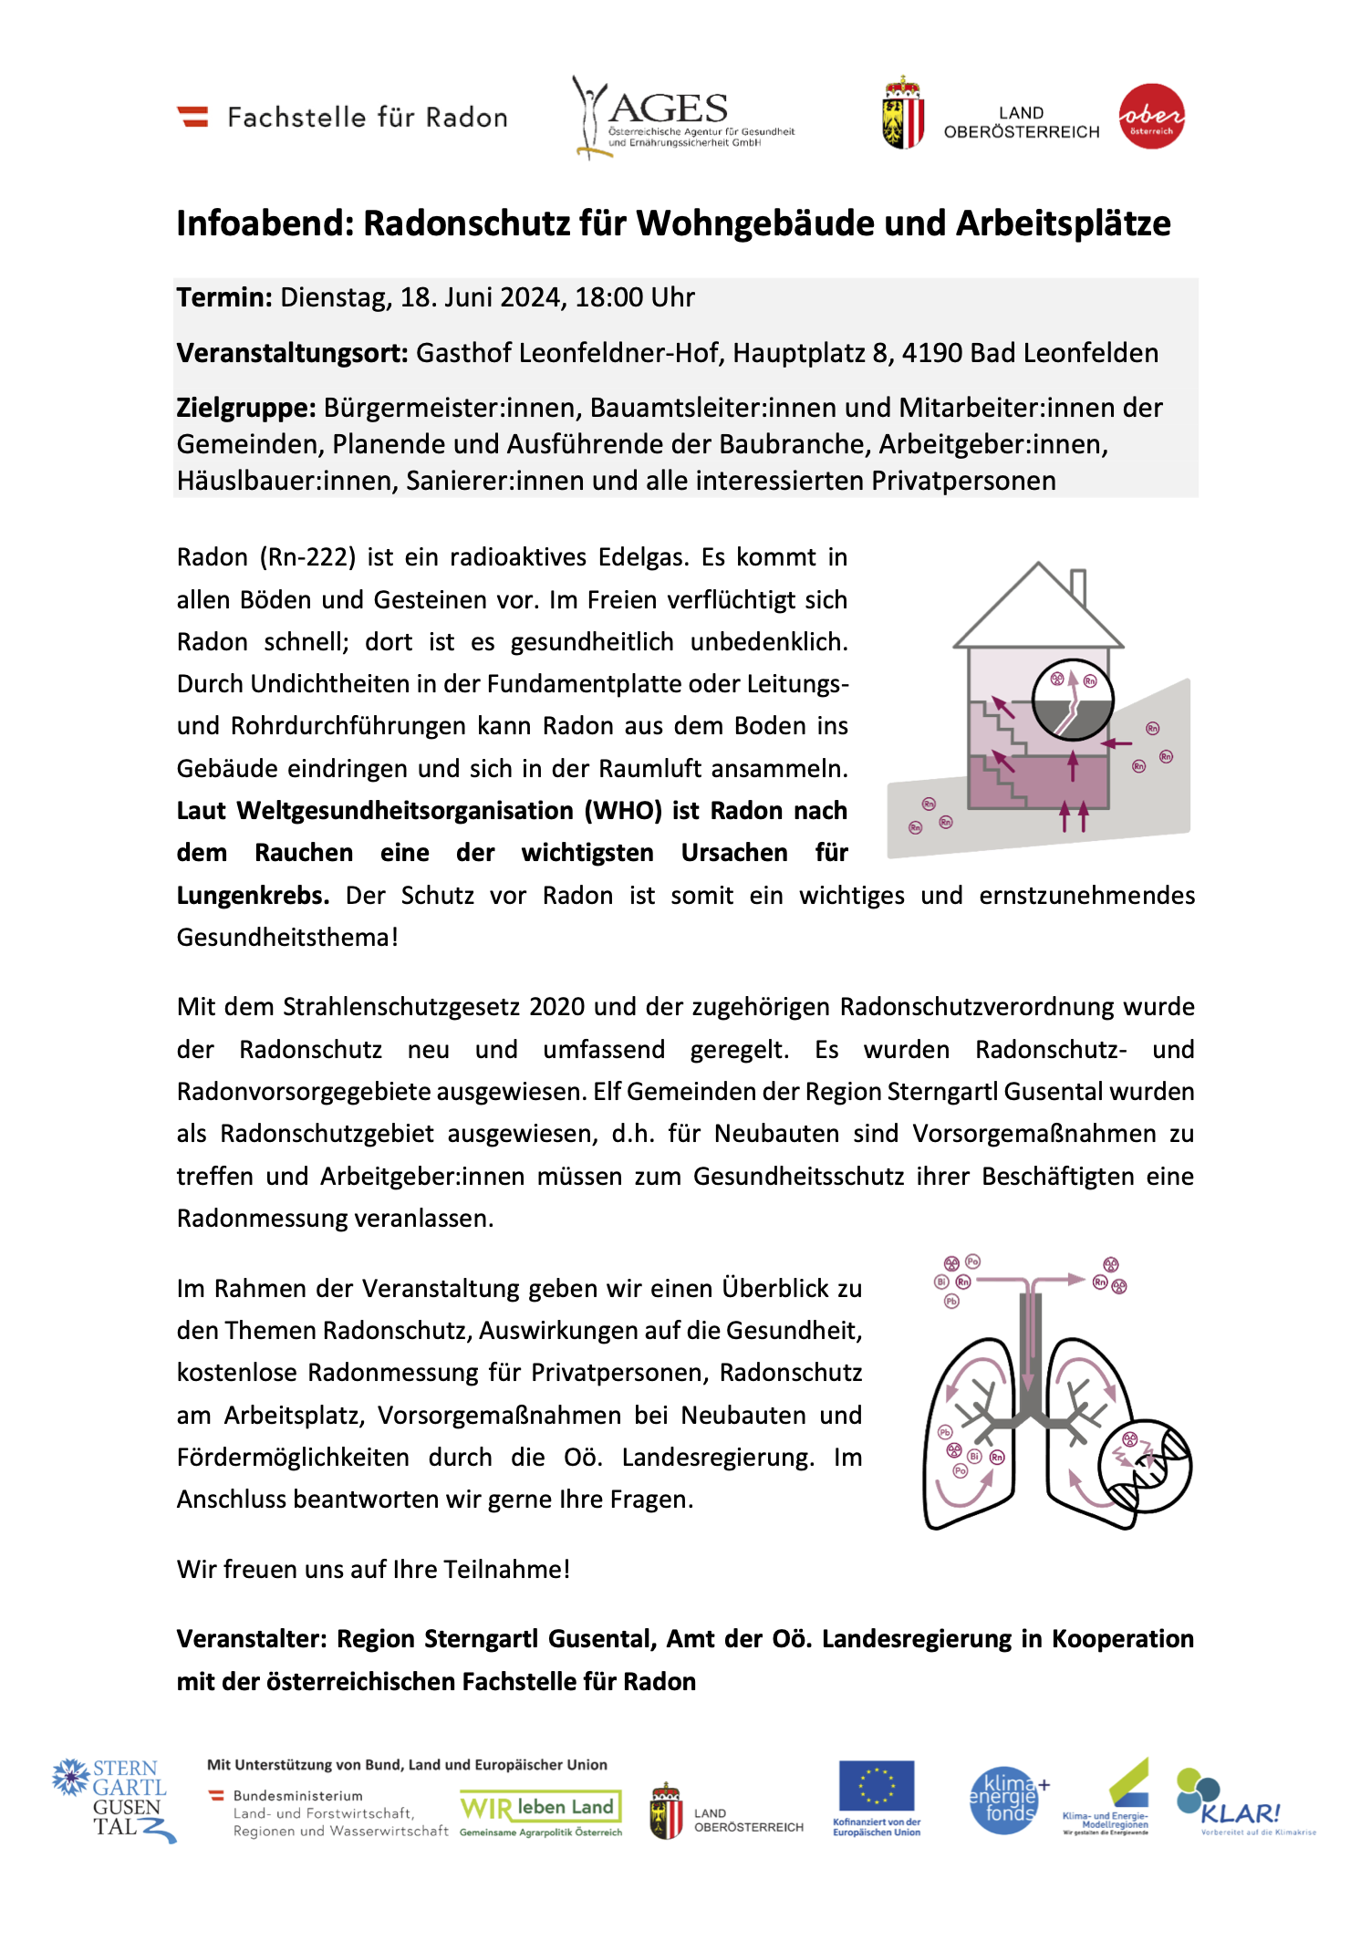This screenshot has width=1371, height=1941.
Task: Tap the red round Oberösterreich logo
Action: tap(1151, 116)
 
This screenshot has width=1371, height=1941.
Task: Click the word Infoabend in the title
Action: tap(264, 223)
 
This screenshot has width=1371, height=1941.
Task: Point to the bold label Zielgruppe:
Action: tap(246, 408)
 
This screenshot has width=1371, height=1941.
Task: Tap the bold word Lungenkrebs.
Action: tap(253, 896)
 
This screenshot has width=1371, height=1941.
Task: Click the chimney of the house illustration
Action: tap(1077, 586)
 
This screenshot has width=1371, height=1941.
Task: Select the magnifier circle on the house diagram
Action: tap(1073, 700)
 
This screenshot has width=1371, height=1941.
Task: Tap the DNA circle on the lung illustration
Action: tap(1145, 1466)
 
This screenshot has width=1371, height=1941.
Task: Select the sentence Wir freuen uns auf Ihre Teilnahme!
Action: tap(373, 1570)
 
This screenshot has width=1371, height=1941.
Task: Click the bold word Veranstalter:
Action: tap(252, 1639)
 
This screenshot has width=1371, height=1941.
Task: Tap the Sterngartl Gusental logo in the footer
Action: tap(114, 1800)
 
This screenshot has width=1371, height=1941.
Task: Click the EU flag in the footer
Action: tap(876, 1786)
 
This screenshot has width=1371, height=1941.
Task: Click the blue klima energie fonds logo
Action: tap(1004, 1801)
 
